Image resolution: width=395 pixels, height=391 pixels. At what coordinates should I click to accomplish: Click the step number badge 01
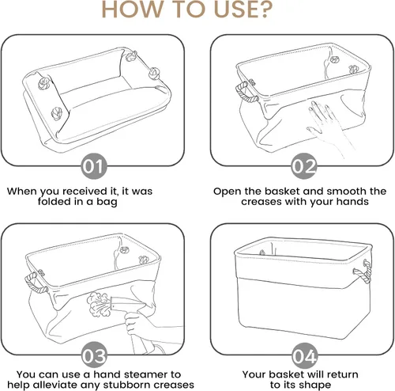[94, 166]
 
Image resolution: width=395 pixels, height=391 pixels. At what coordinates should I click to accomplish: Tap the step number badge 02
[303, 166]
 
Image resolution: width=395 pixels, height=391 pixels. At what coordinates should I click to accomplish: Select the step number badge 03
[94, 355]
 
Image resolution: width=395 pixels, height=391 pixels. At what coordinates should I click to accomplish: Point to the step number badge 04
[304, 355]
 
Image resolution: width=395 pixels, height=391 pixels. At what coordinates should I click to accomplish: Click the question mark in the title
[263, 9]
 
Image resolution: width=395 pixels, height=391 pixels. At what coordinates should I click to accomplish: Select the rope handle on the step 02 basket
[246, 93]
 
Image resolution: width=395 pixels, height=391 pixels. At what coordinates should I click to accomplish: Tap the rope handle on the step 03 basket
[36, 283]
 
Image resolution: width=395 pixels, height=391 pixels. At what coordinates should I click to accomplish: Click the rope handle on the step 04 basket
[363, 271]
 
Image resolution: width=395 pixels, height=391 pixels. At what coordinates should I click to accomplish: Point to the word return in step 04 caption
[341, 374]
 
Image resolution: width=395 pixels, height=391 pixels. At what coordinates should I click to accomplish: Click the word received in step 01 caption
[85, 191]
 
